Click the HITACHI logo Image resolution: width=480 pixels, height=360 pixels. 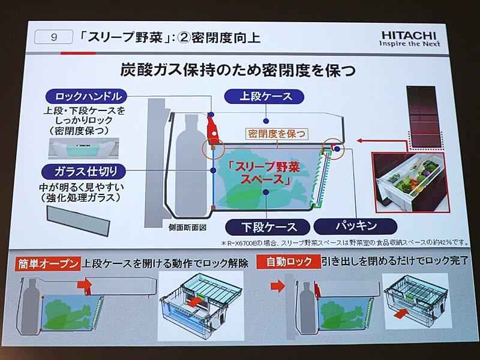410,38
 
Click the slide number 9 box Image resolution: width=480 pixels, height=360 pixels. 53,37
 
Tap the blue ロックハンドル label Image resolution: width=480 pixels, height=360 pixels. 86,97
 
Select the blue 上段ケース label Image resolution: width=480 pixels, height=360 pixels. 264,97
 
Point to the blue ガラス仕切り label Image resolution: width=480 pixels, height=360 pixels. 83,172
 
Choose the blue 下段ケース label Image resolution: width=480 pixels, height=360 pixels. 268,227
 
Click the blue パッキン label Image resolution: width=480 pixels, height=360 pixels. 355,226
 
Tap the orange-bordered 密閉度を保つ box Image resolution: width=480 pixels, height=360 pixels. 277,134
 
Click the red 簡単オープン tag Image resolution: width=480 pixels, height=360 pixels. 48,264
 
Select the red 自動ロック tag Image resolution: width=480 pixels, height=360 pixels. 289,262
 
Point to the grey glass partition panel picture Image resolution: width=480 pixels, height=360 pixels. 78,220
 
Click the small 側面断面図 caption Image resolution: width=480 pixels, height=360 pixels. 187,228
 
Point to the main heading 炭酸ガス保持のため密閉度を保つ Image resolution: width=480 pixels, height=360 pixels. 238,70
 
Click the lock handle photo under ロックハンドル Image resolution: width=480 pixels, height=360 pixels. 83,148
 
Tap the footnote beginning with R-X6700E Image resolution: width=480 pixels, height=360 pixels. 344,243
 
